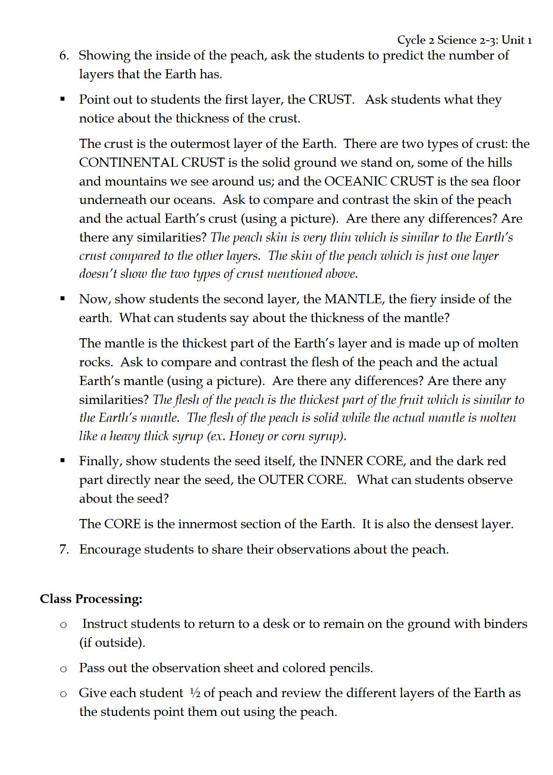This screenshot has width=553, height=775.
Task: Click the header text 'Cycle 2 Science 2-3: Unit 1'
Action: [x=464, y=40]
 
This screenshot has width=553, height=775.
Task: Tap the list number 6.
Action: [x=64, y=56]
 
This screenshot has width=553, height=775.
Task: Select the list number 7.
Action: [x=64, y=549]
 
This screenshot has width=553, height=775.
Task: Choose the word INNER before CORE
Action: [x=341, y=461]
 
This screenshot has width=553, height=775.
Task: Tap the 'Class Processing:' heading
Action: [x=91, y=599]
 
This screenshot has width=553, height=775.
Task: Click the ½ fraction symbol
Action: [x=195, y=693]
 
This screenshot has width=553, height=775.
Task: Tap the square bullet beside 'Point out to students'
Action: [x=63, y=99]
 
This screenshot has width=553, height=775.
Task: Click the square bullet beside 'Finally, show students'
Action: [x=63, y=460]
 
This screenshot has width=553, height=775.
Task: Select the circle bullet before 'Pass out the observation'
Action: [x=63, y=669]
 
